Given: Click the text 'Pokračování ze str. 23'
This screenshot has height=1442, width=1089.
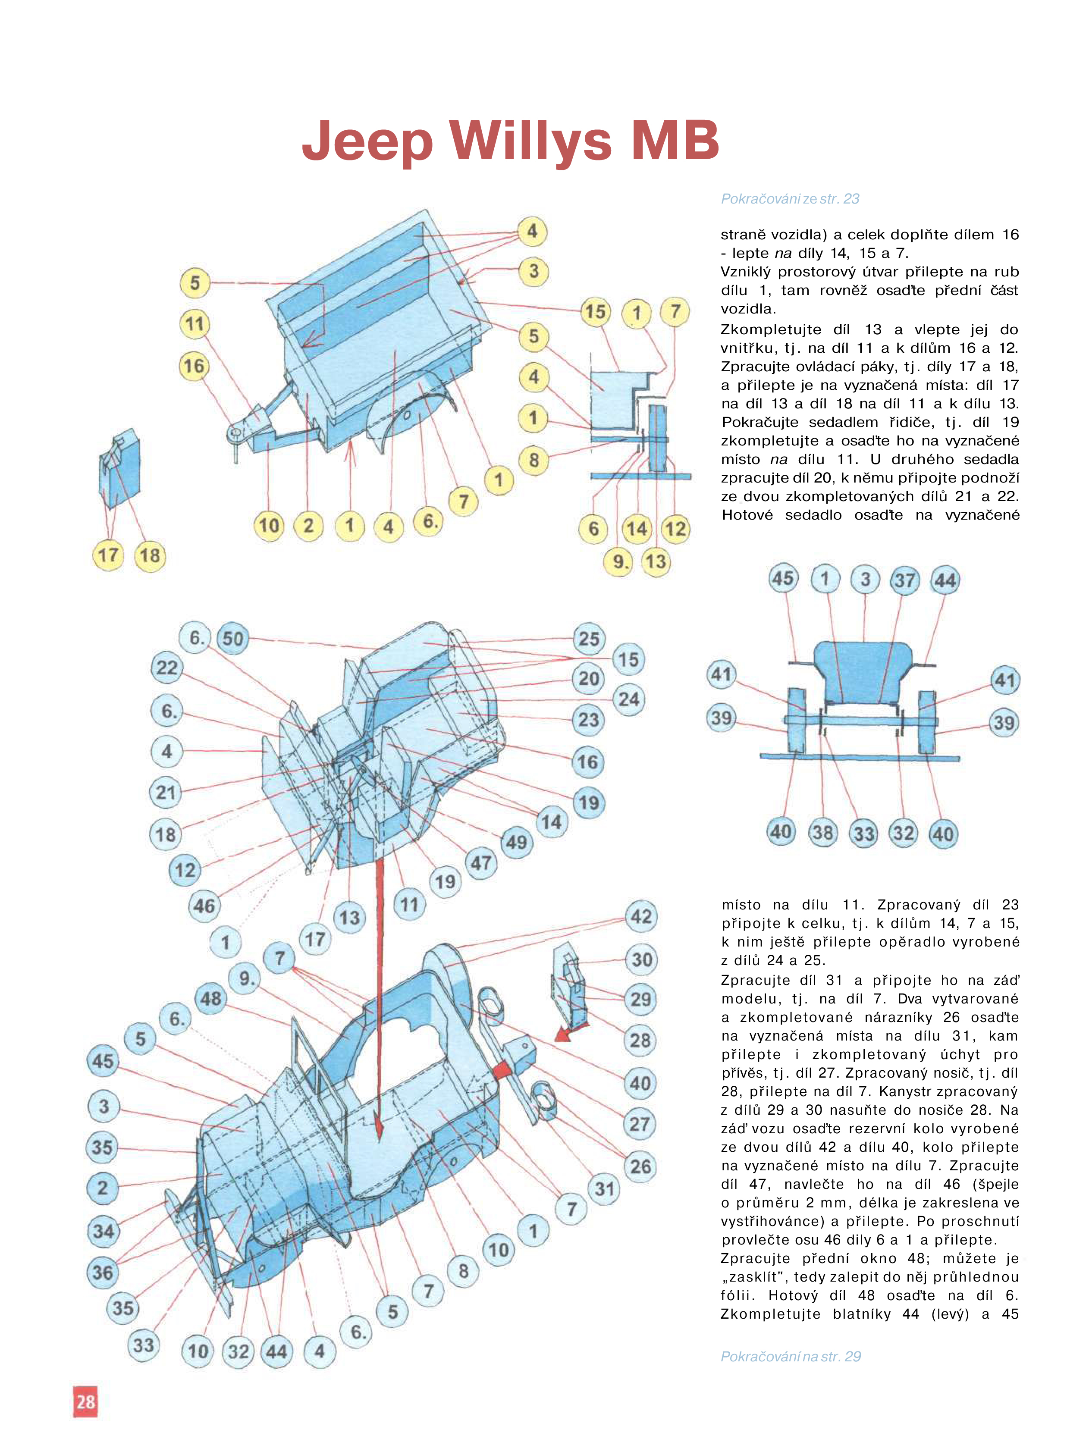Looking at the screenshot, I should pyautogui.click(x=790, y=199).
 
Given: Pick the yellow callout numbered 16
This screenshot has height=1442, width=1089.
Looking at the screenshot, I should pyautogui.click(x=194, y=366).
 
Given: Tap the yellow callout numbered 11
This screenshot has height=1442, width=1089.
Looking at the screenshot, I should pyautogui.click(x=195, y=324).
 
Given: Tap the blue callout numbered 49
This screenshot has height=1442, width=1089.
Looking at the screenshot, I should pyautogui.click(x=516, y=842).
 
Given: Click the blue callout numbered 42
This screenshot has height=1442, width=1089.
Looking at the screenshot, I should pyautogui.click(x=641, y=917).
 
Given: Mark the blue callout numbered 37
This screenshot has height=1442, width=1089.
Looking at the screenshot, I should pyautogui.click(x=904, y=580).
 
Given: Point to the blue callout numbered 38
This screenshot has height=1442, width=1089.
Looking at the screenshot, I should pyautogui.click(x=822, y=833).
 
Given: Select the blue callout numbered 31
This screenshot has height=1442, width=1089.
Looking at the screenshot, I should pyautogui.click(x=605, y=1189).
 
